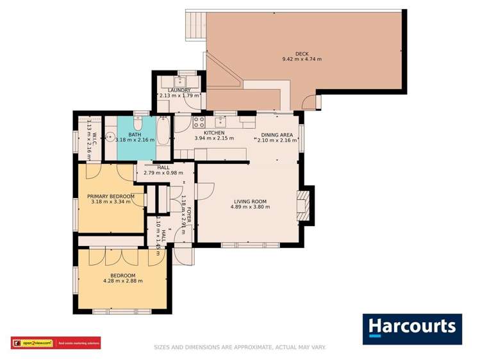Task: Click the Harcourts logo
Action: [x=412, y=329]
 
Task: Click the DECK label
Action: [x=302, y=53]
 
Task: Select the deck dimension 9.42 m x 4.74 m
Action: [x=302, y=59]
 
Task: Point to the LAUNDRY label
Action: [x=179, y=90]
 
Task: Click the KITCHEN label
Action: [x=214, y=133]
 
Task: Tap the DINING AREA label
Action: [x=276, y=135]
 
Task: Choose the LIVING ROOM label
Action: [x=250, y=202]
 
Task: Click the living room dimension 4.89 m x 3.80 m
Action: [x=250, y=208]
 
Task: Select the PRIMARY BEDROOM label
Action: [x=111, y=196]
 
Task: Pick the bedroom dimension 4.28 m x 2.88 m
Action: [x=122, y=281]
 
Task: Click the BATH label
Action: [x=135, y=135]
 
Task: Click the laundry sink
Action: [x=180, y=81]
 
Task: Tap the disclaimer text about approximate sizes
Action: [x=240, y=347]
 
